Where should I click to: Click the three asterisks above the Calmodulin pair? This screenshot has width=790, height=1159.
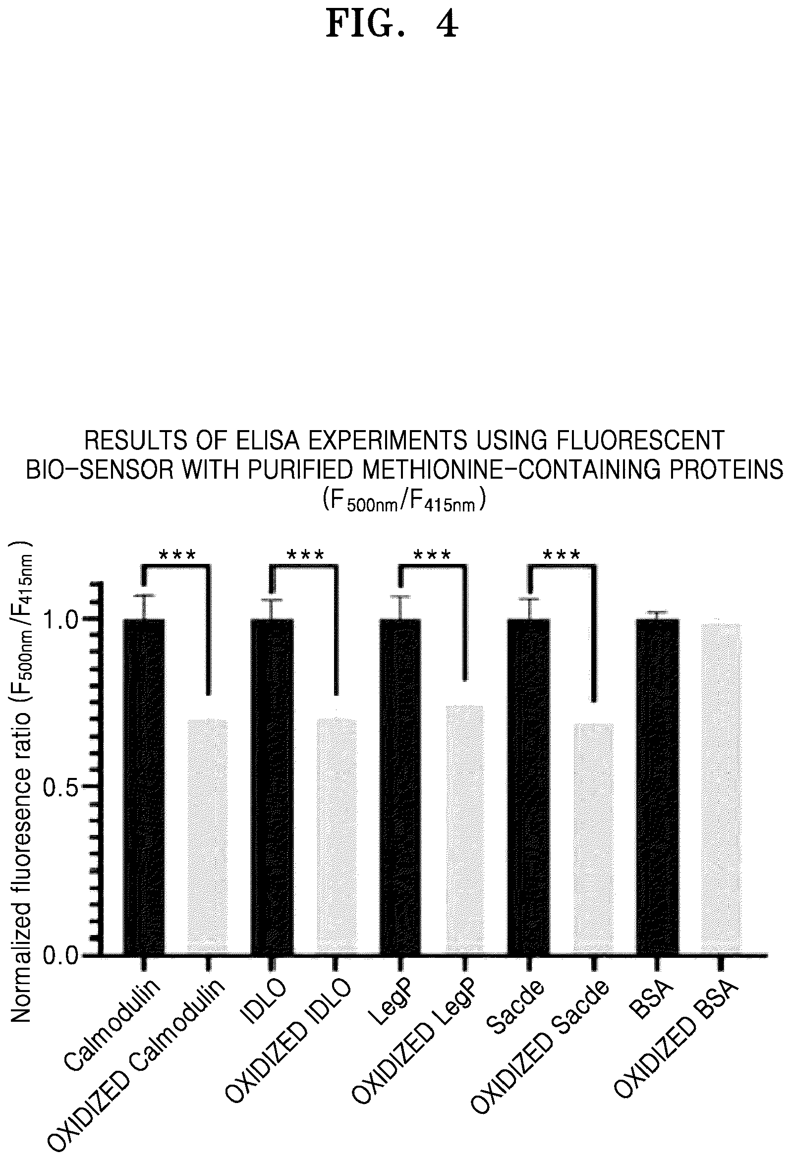point(177,555)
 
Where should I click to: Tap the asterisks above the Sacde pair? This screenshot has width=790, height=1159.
point(562,555)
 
